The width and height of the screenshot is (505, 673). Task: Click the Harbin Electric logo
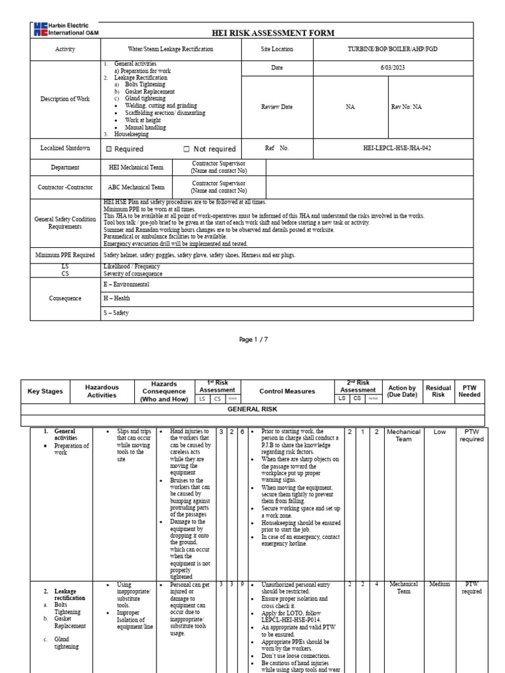[64, 29]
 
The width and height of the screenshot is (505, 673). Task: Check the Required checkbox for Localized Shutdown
[109, 149]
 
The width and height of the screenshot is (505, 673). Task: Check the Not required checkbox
[187, 149]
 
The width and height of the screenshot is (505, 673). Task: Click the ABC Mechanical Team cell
[136, 187]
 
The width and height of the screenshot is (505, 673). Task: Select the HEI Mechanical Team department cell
[136, 168]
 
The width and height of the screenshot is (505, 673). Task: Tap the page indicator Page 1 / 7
[252, 339]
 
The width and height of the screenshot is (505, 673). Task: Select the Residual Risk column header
[439, 391]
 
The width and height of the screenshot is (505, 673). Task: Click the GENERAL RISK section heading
[252, 408]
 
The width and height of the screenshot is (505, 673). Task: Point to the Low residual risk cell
[439, 432]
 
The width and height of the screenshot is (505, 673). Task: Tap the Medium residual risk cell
[439, 583]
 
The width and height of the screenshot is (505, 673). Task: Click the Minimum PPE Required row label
[65, 254]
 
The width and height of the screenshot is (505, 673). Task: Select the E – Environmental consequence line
[126, 285]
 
